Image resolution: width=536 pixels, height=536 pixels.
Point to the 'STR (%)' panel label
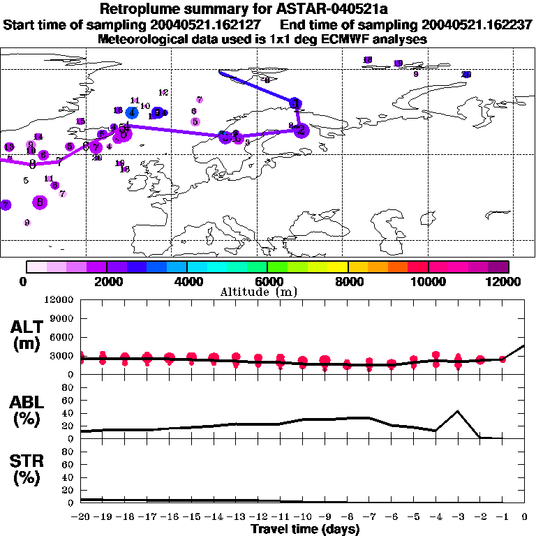(x=29, y=470)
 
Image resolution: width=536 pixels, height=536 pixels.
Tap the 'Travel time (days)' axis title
(x=305, y=530)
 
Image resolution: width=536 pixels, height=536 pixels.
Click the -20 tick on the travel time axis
(x=82, y=517)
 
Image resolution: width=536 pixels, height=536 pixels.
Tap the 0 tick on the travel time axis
(x=525, y=517)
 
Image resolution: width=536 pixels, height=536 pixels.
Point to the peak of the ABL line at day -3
(x=458, y=411)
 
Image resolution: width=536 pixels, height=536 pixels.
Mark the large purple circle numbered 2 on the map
(x=301, y=131)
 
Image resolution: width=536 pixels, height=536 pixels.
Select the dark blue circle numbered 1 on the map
(x=296, y=103)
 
